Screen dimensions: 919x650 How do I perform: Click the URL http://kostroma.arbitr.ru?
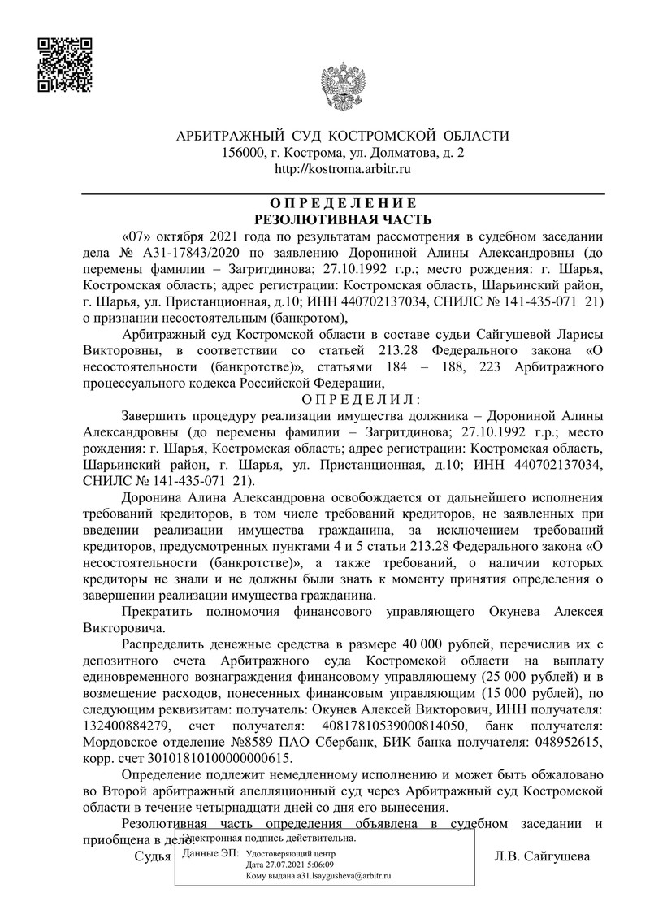pyautogui.click(x=343, y=169)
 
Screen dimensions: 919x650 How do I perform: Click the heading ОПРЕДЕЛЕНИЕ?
pyautogui.click(x=343, y=202)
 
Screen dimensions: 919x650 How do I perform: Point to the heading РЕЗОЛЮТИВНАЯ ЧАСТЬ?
pyautogui.click(x=343, y=219)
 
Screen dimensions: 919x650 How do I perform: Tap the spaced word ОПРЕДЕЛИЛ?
pyautogui.click(x=361, y=398)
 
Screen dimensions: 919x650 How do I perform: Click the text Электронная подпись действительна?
pyautogui.click(x=269, y=838)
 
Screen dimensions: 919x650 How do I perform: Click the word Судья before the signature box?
pyautogui.click(x=152, y=856)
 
